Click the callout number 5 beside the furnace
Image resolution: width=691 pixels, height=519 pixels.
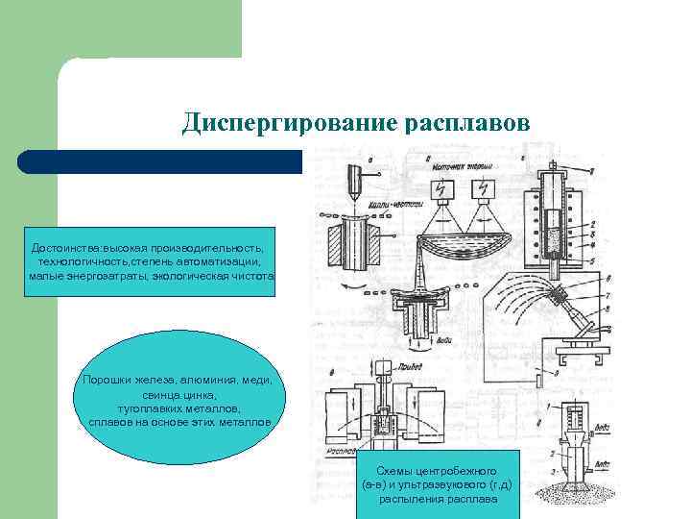click(597, 260)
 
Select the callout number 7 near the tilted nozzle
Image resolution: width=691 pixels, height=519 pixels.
click(597, 298)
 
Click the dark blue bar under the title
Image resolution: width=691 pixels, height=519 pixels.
click(158, 161)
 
